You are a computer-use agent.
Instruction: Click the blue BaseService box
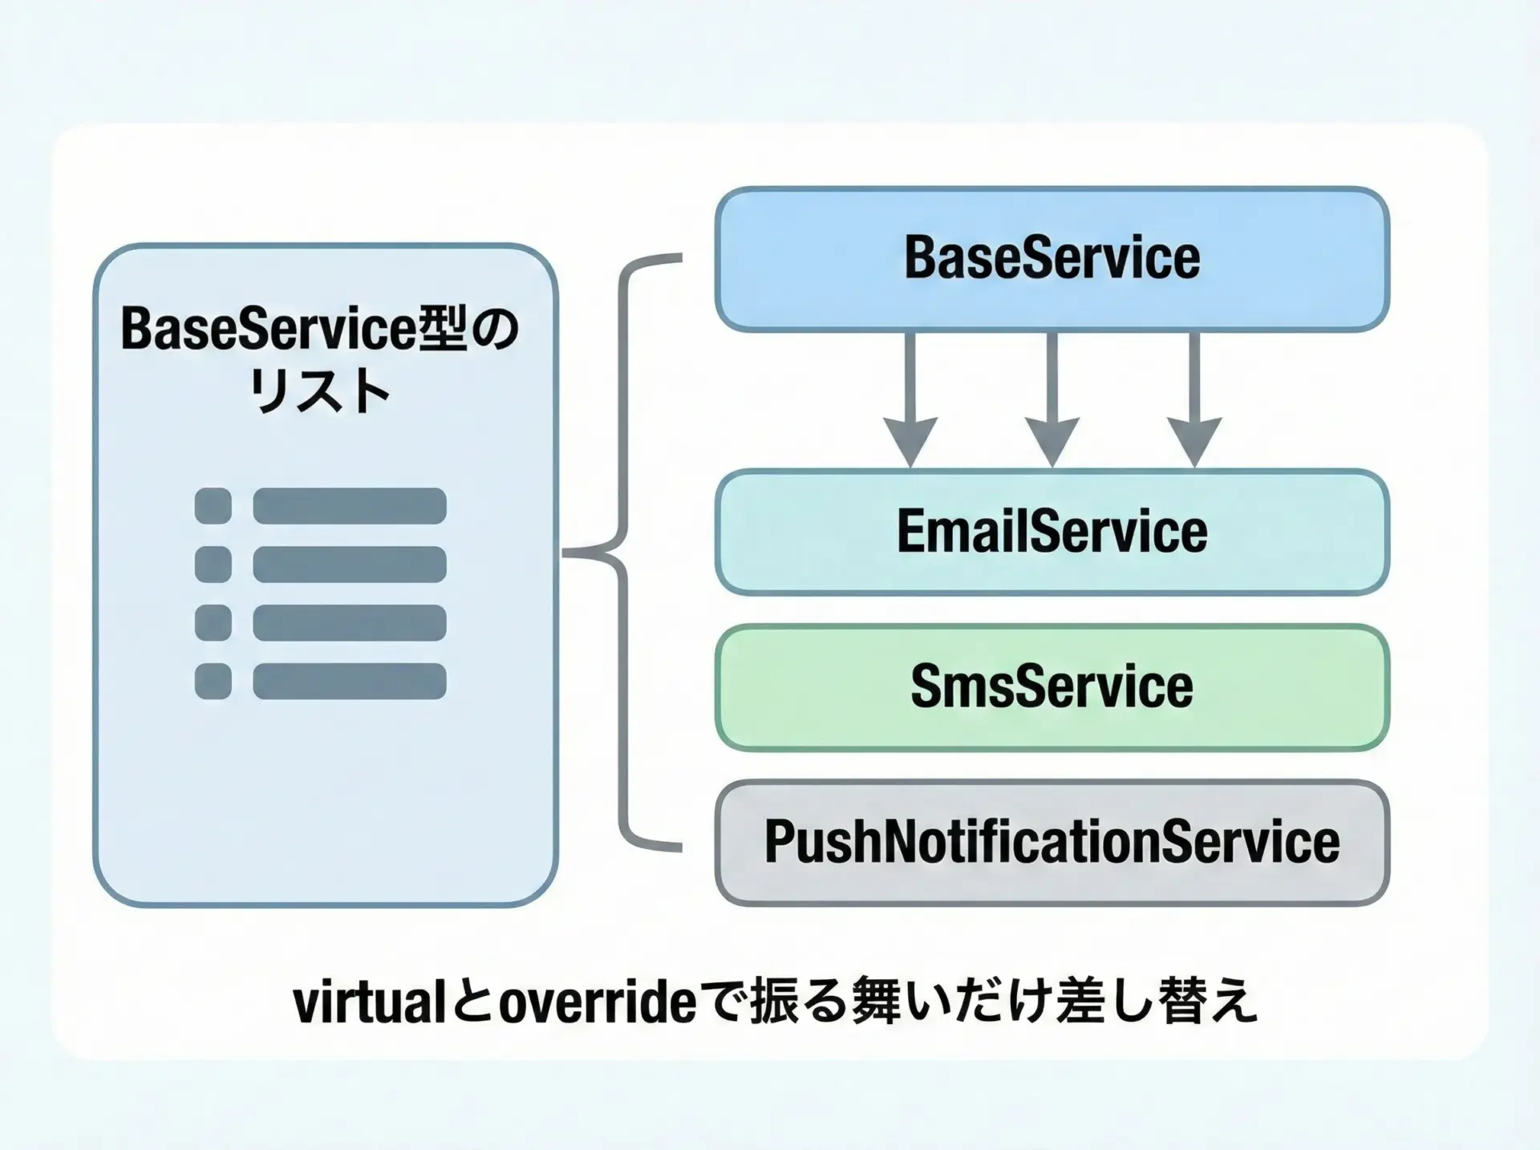pyautogui.click(x=1052, y=259)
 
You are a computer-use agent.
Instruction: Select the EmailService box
pyautogui.click(x=1052, y=532)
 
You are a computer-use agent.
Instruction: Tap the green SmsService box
pyautogui.click(x=1052, y=687)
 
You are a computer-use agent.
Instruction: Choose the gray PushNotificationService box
pyautogui.click(x=1052, y=842)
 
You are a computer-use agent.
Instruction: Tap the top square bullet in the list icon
pyautogui.click(x=213, y=506)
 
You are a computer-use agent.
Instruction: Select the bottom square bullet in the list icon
pyautogui.click(x=213, y=682)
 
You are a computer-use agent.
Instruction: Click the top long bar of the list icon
pyautogui.click(x=350, y=506)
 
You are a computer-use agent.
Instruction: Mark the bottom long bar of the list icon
pyautogui.click(x=350, y=682)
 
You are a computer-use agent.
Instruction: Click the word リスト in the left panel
pyautogui.click(x=320, y=392)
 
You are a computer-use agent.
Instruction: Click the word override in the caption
pyautogui.click(x=598, y=1003)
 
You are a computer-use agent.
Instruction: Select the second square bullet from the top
pyautogui.click(x=213, y=565)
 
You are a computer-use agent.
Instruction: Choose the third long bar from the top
pyautogui.click(x=350, y=623)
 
